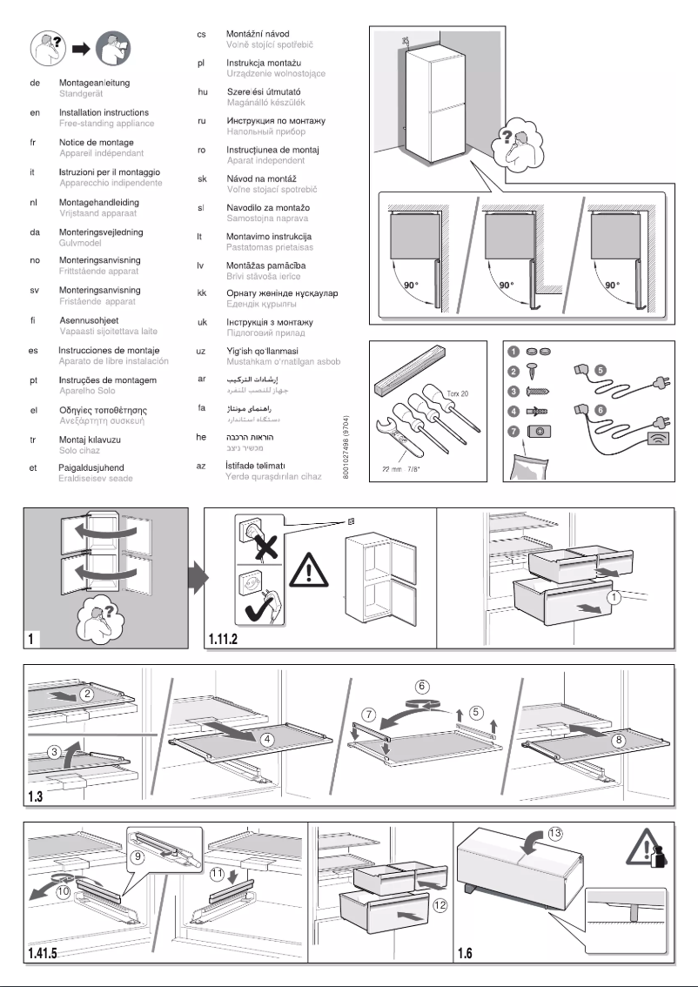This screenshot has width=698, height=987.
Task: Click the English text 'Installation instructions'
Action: coord(103,113)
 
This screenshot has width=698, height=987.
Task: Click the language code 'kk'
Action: coord(201,293)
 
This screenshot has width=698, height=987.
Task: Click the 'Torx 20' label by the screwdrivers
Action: coord(457,393)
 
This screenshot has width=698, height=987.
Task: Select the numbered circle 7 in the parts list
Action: coord(514,429)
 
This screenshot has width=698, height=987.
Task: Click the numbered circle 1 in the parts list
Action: coord(514,352)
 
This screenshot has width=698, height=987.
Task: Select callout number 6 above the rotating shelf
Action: coord(421,686)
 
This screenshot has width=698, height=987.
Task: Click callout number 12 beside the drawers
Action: coord(440,905)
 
